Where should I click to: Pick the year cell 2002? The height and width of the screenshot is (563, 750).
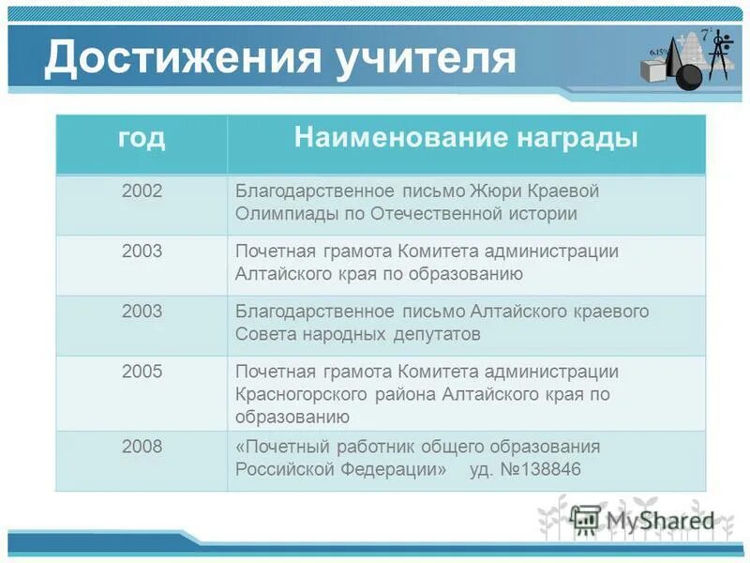142,191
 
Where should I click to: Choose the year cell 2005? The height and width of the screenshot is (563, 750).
142,372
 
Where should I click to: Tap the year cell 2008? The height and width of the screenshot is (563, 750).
142,447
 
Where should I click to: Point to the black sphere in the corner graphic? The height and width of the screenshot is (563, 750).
688,75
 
